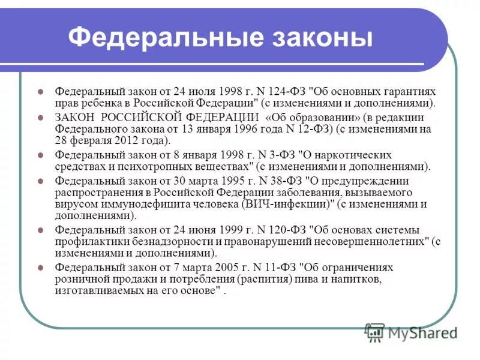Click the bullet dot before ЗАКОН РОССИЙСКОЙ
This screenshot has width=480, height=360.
pyautogui.click(x=41, y=117)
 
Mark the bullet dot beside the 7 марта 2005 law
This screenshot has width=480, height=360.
pyautogui.click(x=41, y=268)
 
